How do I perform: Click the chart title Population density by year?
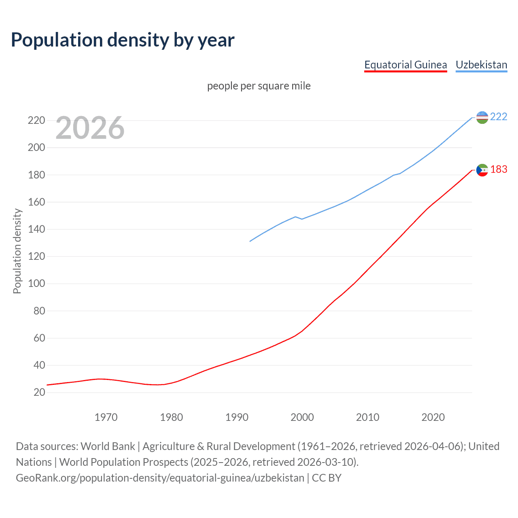click(123, 40)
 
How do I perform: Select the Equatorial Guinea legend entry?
click(405, 65)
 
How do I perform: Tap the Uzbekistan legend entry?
click(481, 65)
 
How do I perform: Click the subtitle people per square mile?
click(259, 86)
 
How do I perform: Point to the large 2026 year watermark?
click(90, 128)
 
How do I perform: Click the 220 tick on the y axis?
click(36, 120)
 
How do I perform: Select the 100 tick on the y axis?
click(36, 283)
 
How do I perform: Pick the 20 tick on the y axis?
click(39, 392)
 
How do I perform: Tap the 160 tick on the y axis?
click(36, 202)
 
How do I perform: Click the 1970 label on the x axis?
click(106, 417)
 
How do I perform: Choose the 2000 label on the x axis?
click(302, 417)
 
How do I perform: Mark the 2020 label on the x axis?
click(433, 417)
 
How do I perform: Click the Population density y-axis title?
click(17, 251)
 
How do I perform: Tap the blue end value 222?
click(499, 117)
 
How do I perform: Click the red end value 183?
click(499, 169)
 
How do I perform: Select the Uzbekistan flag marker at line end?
click(482, 117)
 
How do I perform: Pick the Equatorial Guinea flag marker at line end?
click(482, 170)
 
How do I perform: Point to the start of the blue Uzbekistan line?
click(250, 241)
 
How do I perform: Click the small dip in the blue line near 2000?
click(301, 219)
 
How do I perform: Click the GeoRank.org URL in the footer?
click(160, 478)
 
